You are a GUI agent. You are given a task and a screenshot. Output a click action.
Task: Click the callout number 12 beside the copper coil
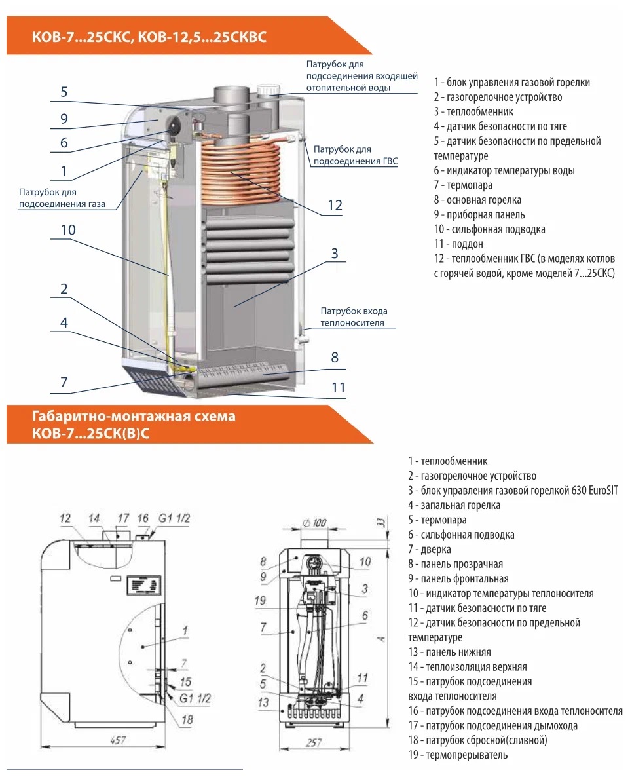335,206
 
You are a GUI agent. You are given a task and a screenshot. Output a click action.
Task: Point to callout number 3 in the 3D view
334,254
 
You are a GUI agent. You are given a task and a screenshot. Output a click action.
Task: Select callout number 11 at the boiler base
338,387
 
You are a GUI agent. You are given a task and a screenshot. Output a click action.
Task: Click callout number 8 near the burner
335,358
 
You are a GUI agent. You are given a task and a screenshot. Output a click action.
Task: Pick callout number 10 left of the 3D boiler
69,230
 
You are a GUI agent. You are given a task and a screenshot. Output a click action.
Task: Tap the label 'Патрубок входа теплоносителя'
353,317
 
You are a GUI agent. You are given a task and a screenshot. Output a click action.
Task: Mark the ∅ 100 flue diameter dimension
315,523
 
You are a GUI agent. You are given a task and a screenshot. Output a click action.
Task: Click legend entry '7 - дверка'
429,550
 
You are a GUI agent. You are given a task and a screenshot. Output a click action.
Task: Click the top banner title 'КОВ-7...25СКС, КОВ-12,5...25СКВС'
149,37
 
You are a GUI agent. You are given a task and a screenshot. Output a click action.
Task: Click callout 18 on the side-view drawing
188,719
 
